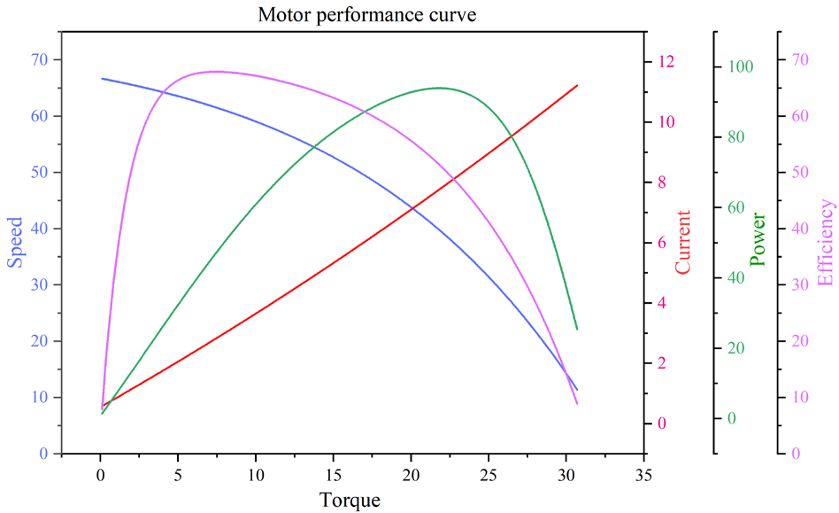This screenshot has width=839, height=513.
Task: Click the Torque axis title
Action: pos(350,501)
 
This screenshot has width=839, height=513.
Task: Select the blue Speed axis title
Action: pos(15,242)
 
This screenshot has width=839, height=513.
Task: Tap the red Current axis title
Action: pos(683,242)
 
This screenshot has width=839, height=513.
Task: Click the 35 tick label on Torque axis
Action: pos(643,475)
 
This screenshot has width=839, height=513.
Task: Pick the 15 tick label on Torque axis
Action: pos(334,475)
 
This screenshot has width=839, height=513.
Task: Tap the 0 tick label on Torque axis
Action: pos(101,475)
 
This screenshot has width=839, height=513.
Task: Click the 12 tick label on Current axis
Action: pos(666,62)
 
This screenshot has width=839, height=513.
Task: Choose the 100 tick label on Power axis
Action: pos(740,67)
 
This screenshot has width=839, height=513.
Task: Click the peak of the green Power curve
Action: pos(439,88)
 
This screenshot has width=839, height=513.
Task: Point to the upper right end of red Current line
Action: pos(577,86)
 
